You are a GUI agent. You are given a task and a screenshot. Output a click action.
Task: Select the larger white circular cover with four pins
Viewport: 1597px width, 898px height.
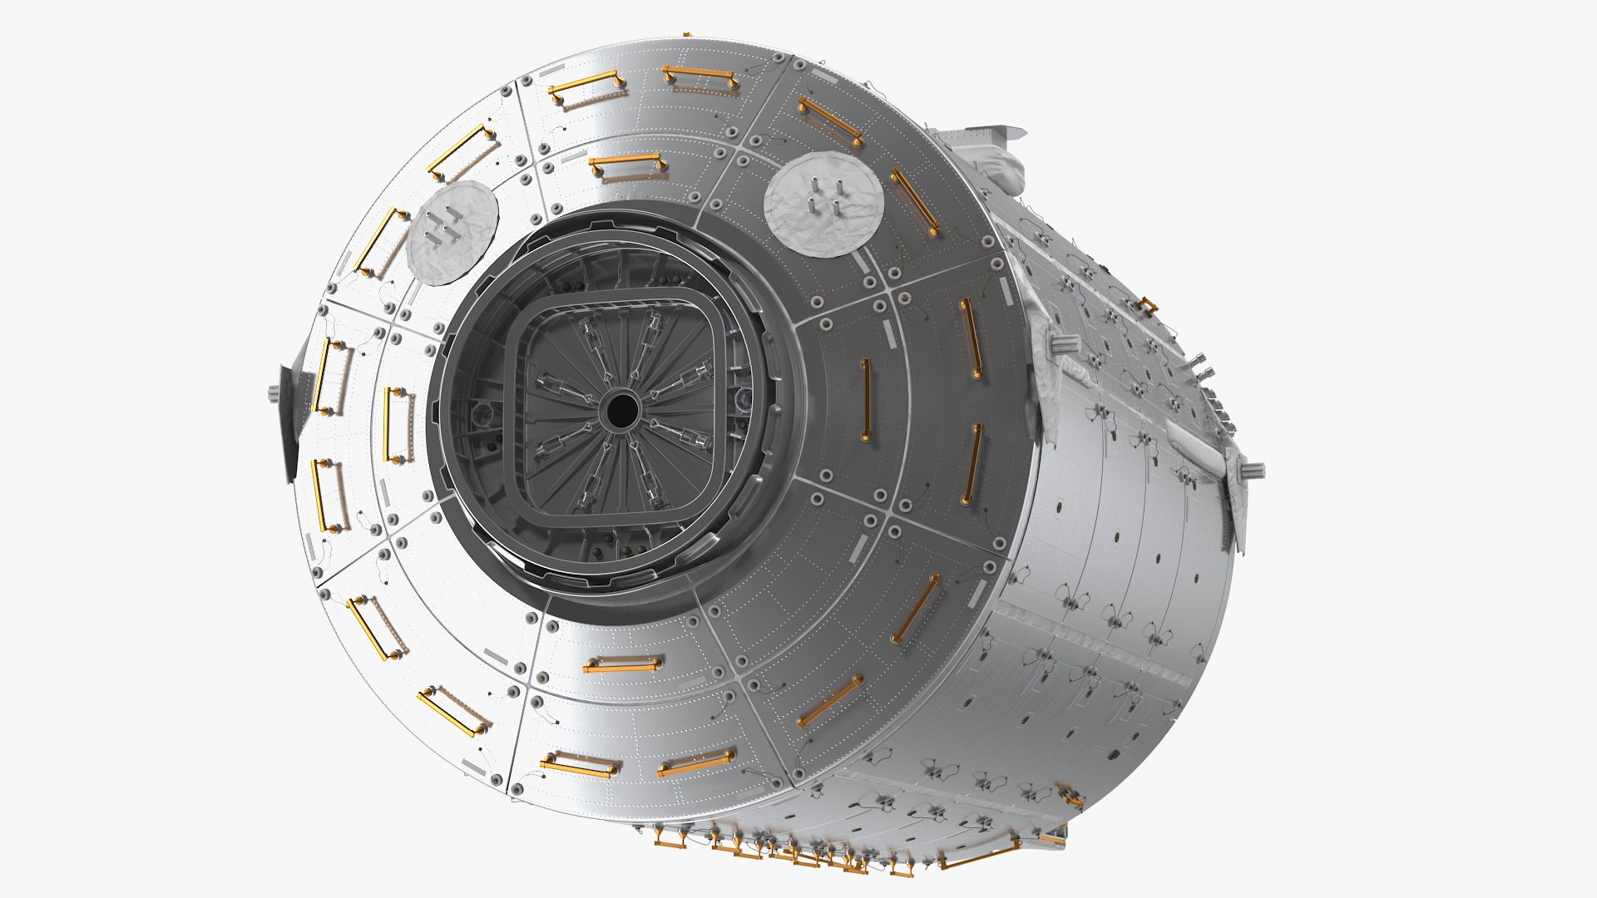tap(823, 204)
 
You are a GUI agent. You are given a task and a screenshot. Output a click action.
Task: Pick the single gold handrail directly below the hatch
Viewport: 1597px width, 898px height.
tap(622, 664)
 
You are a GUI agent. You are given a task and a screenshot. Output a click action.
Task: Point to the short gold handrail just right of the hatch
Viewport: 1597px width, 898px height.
tap(866, 400)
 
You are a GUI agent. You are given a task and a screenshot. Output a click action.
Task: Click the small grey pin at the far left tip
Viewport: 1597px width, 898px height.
tap(273, 391)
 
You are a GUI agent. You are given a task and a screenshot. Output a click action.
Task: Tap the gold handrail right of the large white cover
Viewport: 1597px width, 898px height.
tap(915, 203)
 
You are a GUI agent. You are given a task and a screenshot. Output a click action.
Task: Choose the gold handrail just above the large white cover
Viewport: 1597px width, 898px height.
tap(830, 121)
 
